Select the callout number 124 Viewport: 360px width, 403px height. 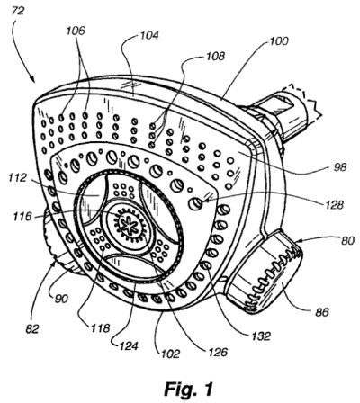119,343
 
